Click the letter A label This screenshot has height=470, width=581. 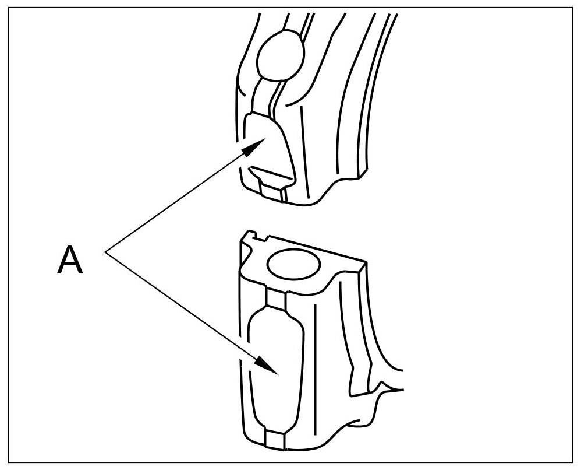[70, 261]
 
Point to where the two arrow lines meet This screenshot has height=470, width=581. [106, 252]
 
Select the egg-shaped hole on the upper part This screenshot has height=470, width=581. [282, 57]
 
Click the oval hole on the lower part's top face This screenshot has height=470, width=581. [293, 265]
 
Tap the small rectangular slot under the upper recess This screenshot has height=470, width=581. [271, 190]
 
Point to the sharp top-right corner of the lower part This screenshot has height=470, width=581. [366, 263]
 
